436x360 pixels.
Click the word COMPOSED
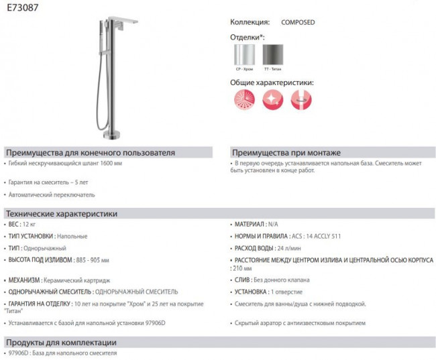tap(298, 22)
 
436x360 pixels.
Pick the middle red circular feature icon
tap(273, 100)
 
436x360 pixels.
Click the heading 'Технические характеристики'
tap(61, 214)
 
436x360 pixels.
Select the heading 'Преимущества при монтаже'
tap(286, 152)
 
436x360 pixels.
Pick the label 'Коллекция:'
tap(250, 22)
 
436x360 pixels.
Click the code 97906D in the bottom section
tap(17, 353)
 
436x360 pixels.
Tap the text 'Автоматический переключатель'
tap(52, 195)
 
